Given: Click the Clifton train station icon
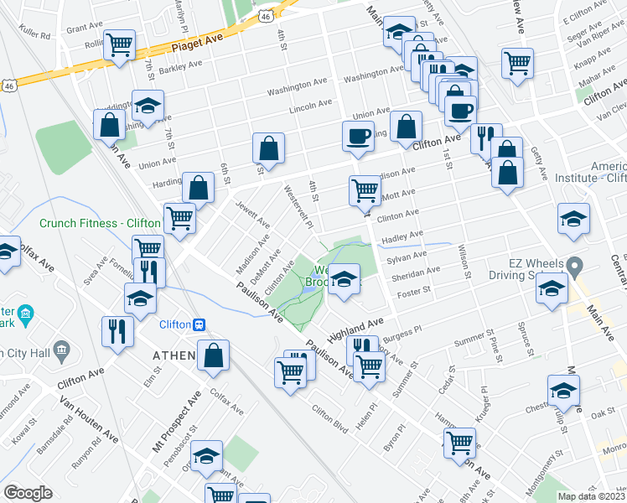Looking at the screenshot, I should coord(199,324).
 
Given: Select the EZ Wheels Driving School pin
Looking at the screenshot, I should coord(574,267).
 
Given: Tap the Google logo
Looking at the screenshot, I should coord(28,493).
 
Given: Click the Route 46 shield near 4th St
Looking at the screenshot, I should coord(264,16).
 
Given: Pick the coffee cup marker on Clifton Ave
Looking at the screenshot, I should coord(358,136).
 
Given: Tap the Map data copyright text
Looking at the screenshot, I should coord(592,496).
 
